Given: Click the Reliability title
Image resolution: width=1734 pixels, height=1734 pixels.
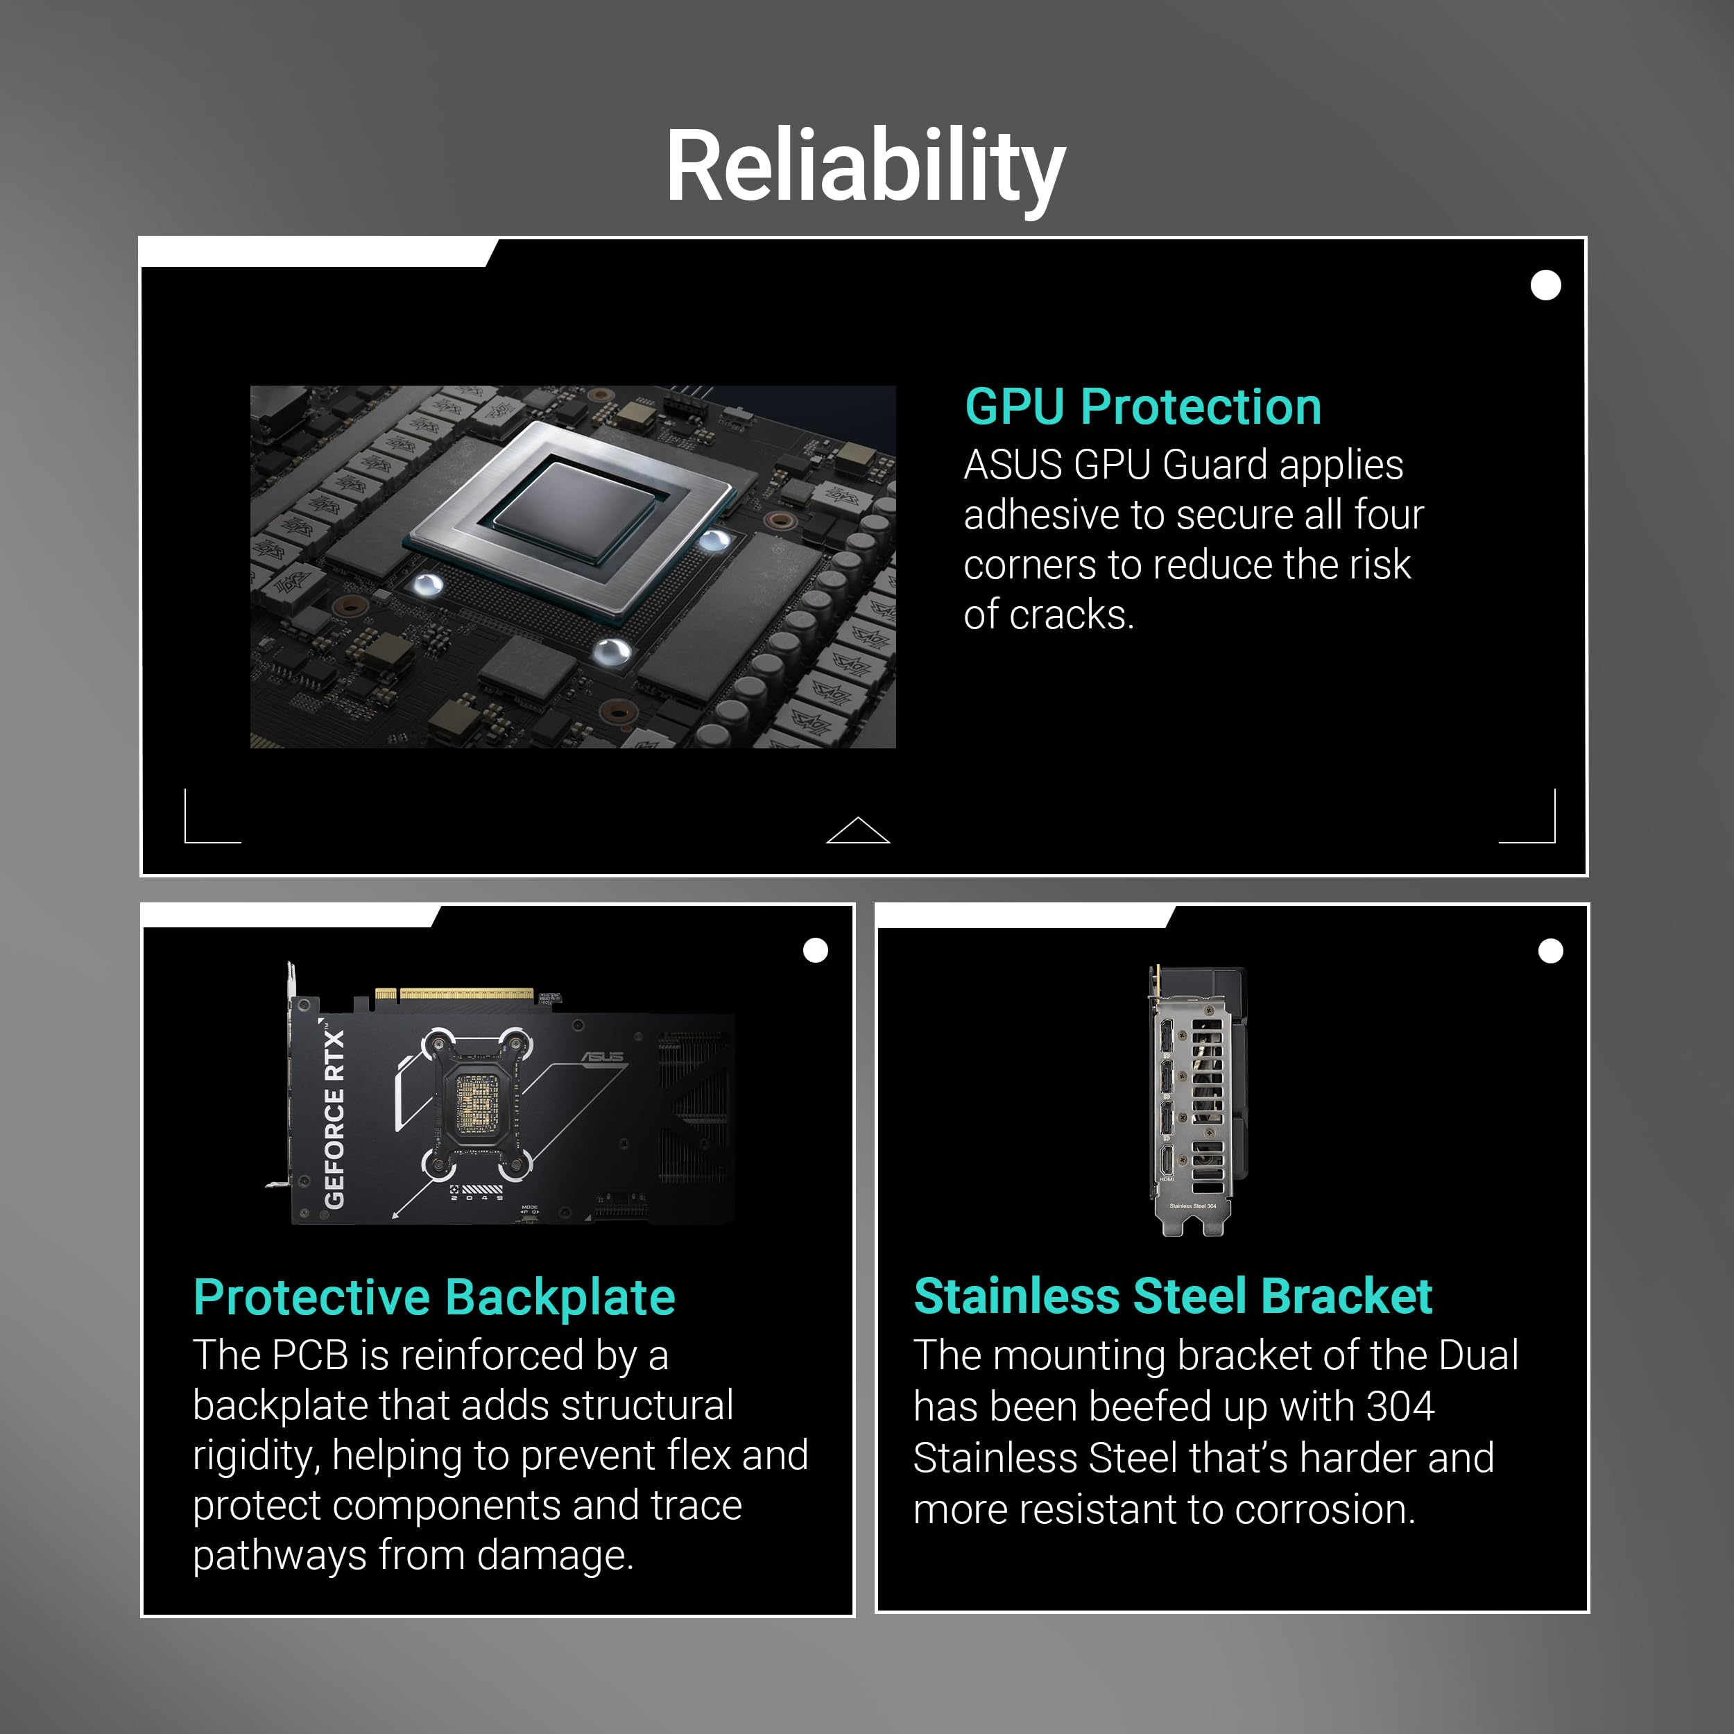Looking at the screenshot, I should pyautogui.click(x=865, y=168).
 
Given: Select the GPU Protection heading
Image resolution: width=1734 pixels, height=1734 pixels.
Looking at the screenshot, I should pyautogui.click(x=1142, y=407).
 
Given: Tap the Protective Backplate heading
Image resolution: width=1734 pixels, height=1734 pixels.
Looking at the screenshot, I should pyautogui.click(x=434, y=1298).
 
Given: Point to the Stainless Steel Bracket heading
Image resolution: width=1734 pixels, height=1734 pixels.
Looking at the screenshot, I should pyautogui.click(x=1172, y=1297).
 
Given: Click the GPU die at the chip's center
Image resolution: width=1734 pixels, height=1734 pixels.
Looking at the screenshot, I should pyautogui.click(x=574, y=509).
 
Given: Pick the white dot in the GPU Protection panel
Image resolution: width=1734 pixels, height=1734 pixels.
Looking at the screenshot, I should pyautogui.click(x=1545, y=285).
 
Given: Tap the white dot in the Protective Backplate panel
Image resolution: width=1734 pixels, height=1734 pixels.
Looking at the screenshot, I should pyautogui.click(x=815, y=950).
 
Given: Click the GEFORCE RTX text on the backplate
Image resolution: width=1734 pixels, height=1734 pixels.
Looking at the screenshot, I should pyautogui.click(x=334, y=1118).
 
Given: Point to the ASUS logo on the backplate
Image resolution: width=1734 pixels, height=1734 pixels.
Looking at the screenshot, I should pyautogui.click(x=602, y=1056).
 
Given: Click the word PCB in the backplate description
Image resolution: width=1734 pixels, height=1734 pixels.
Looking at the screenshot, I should pyautogui.click(x=309, y=1355).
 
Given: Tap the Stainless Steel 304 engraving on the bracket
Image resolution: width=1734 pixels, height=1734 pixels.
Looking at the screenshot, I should pyautogui.click(x=1193, y=1205).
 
